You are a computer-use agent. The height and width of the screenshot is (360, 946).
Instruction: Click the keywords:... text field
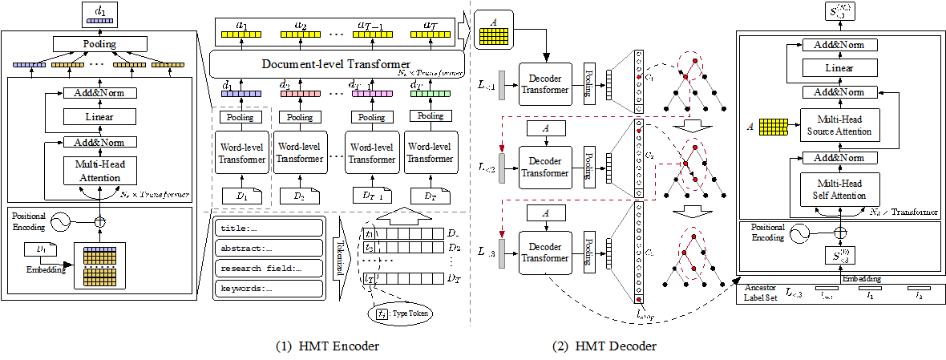pos(269,288)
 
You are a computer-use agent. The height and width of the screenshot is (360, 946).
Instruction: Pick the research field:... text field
pos(269,268)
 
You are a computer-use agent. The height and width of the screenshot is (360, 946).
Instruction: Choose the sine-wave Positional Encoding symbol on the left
pos(58,222)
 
